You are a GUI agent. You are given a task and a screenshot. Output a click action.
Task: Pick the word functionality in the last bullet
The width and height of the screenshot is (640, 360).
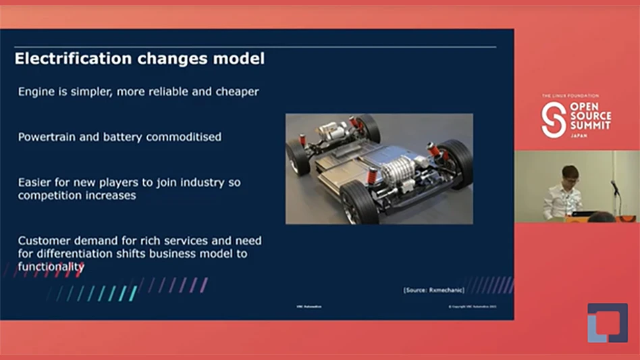click(51, 267)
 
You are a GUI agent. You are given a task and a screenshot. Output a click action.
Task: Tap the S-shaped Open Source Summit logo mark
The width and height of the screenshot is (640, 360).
click(554, 120)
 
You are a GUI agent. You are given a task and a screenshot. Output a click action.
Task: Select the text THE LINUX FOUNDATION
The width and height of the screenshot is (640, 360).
click(569, 96)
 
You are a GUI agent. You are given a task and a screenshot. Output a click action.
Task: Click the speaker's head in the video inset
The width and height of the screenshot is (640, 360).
click(570, 174)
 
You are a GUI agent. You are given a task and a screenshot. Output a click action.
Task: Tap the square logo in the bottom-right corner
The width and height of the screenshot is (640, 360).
click(607, 322)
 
